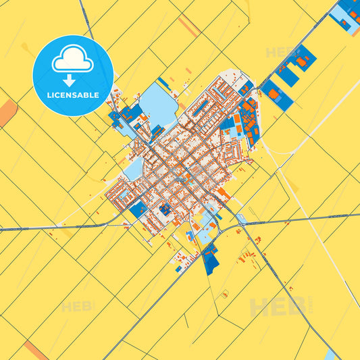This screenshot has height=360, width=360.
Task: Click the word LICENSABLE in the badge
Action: coord(73,95)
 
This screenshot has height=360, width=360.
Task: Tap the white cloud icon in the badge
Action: coord(73,60)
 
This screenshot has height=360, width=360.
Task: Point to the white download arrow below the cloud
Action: coord(69,80)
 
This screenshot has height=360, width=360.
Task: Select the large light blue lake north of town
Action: coord(160,105)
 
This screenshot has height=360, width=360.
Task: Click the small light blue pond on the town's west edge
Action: coord(133,168)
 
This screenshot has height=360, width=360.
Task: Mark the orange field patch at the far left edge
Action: coord(7,112)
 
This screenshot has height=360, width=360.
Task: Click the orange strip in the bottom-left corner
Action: coord(35,350)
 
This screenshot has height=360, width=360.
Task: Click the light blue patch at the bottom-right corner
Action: coord(330,355)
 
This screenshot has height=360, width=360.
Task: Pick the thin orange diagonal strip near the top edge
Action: coord(188,26)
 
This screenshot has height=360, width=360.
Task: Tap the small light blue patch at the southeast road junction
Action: coord(240,219)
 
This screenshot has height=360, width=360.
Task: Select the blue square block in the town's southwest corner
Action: coord(138,209)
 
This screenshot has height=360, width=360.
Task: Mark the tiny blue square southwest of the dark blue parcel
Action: coord(178,269)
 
